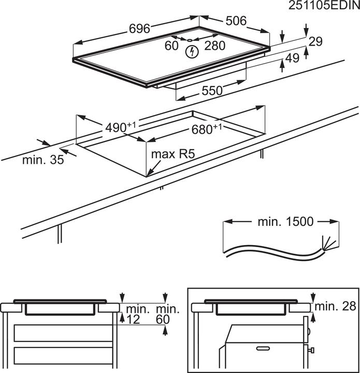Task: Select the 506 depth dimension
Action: pyautogui.click(x=236, y=21)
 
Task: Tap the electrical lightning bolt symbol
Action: pyautogui.click(x=193, y=51)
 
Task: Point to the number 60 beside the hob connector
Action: pyautogui.click(x=171, y=46)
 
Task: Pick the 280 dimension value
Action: pyautogui.click(x=214, y=46)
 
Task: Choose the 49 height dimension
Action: pyautogui.click(x=293, y=59)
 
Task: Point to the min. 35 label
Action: pyautogui.click(x=44, y=160)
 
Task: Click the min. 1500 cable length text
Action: pyautogui.click(x=285, y=222)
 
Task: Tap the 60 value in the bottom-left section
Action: pyautogui.click(x=163, y=320)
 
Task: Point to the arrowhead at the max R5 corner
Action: pyautogui.click(x=148, y=174)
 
